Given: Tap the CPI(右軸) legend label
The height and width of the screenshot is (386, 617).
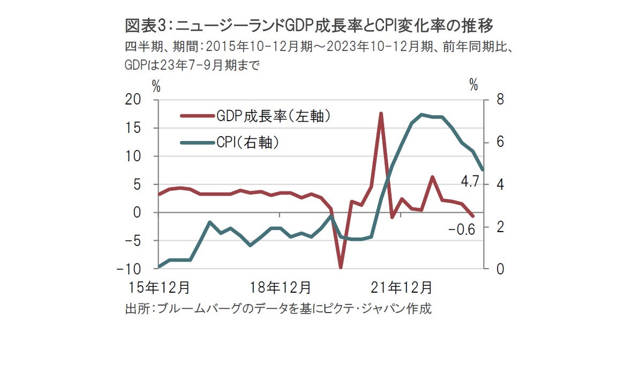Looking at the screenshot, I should [249, 143].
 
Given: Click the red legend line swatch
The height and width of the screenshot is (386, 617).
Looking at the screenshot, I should [196, 115].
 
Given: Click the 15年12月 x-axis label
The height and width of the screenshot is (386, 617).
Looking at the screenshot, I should [159, 287].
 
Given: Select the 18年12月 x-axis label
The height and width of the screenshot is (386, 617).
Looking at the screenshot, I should [281, 287].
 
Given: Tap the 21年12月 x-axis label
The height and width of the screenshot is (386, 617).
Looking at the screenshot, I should [402, 287].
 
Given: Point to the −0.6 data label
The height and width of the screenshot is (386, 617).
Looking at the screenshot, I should [462, 231].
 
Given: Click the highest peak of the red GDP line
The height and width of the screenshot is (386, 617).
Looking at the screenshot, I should [381, 113].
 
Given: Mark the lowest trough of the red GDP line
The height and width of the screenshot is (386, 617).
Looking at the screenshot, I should [341, 267].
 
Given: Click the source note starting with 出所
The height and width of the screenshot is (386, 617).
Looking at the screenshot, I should [278, 309].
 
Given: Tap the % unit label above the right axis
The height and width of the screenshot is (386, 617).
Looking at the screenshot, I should [473, 85].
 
